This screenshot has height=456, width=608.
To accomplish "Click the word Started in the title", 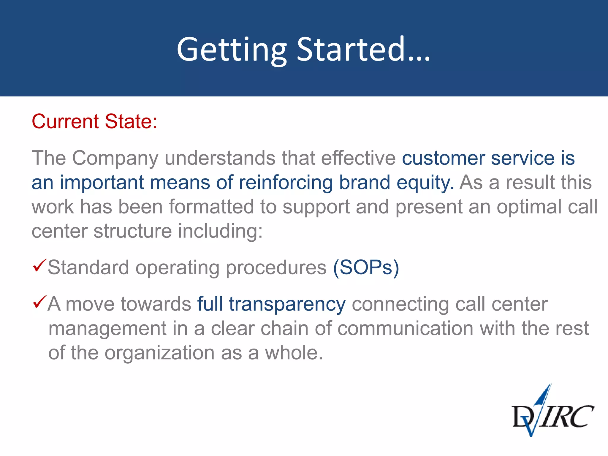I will coord(351,50).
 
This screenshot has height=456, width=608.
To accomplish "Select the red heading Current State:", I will coord(94,121).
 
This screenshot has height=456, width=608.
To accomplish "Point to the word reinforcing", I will coord(286,183).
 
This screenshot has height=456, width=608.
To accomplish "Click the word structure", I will coord(132,231).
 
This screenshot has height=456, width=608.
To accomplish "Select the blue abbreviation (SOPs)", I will coord(366,268).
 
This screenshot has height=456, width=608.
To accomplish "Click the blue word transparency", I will coord(287,305).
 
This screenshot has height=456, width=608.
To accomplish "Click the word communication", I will coord(405,329).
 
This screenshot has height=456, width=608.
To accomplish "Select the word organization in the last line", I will coord(159,353).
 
